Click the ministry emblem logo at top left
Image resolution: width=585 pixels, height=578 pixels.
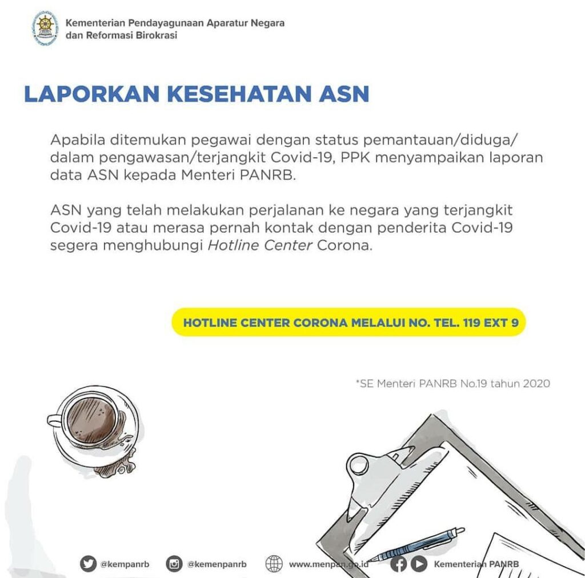coord(45,28)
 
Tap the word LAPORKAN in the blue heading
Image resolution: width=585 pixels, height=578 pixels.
coord(91,94)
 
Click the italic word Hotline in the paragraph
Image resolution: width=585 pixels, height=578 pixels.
coord(233,246)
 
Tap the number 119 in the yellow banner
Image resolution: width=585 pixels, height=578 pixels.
coord(473,323)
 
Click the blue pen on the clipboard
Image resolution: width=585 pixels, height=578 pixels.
coord(417,543)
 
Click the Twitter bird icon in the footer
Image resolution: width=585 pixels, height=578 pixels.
coord(88,564)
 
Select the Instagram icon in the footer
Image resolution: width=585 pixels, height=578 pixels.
coord(174,564)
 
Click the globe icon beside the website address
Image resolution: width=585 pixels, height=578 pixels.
coord(274,564)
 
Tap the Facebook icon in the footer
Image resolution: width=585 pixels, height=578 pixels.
coord(400,564)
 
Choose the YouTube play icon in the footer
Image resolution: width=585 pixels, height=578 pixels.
coord(419,564)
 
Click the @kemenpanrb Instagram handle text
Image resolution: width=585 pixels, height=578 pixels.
coord(217,564)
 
